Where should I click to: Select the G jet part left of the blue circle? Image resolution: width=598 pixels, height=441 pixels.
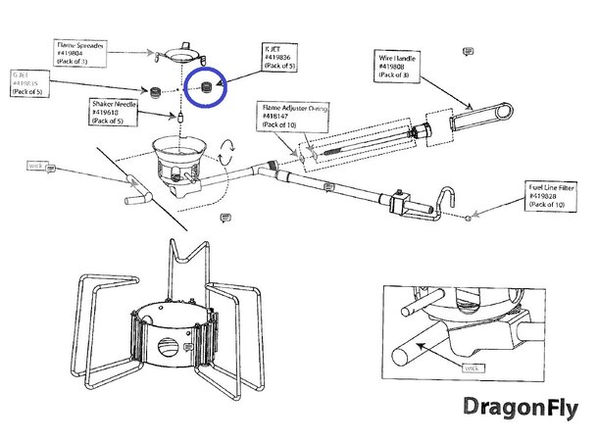(x=155, y=88)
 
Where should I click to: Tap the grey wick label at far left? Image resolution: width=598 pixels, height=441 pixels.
(x=37, y=167)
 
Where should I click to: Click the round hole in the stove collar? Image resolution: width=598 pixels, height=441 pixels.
(x=173, y=345)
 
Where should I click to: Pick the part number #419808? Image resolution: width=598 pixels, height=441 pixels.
(x=398, y=69)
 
